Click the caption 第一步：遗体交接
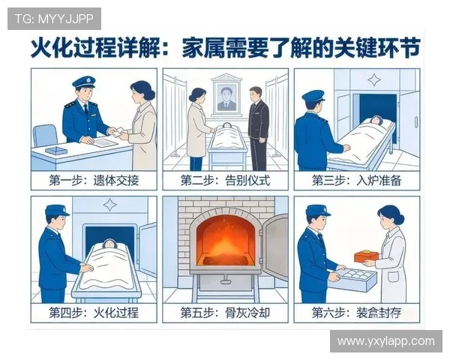pyautogui.click(x=94, y=181)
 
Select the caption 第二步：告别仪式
pyautogui.click(x=225, y=181)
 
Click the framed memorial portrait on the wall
pyautogui.click(x=226, y=95)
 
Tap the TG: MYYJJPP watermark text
pyautogui.click(x=53, y=18)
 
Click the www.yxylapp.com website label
pyautogui.click(x=385, y=341)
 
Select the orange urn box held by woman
pyautogui.click(x=366, y=256)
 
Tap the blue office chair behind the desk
pyautogui.click(x=45, y=136)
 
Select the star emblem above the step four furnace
pyautogui.click(x=109, y=204)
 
